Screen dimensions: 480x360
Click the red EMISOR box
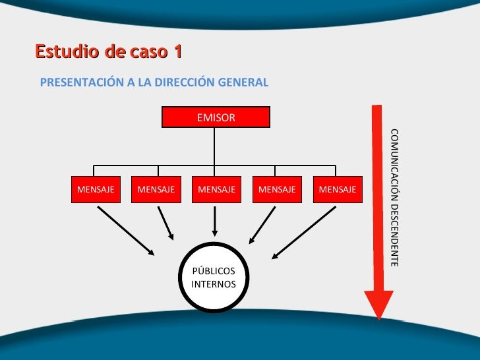pyautogui.click(x=216, y=117)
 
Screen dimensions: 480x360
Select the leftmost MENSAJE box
pyautogui.click(x=96, y=189)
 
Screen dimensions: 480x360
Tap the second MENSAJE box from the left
pyautogui.click(x=156, y=189)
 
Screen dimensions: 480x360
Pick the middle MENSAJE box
pyautogui.click(x=216, y=189)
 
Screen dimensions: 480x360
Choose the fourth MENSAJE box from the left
pyautogui.click(x=277, y=189)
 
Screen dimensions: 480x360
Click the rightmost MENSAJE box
pyautogui.click(x=337, y=189)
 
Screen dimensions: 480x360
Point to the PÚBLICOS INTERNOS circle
pyautogui.click(x=214, y=278)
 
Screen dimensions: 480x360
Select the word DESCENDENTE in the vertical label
pyautogui.click(x=394, y=233)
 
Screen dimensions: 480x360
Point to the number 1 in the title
pyautogui.click(x=177, y=51)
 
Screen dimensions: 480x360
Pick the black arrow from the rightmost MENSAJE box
pyautogui.click(x=304, y=231)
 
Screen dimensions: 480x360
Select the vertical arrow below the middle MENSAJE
pyautogui.click(x=215, y=221)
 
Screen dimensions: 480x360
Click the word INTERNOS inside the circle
pyautogui.click(x=214, y=284)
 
